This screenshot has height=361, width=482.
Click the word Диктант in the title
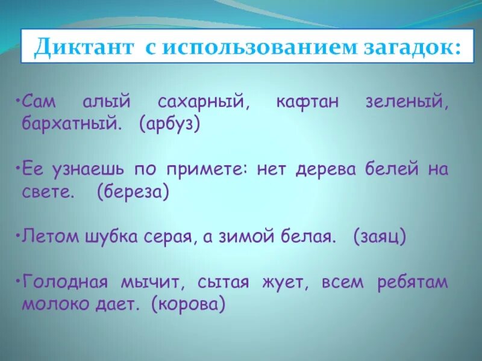(81, 46)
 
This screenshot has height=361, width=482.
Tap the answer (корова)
(189, 304)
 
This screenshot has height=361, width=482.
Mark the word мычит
(151, 282)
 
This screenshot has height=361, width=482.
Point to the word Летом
(48, 236)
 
